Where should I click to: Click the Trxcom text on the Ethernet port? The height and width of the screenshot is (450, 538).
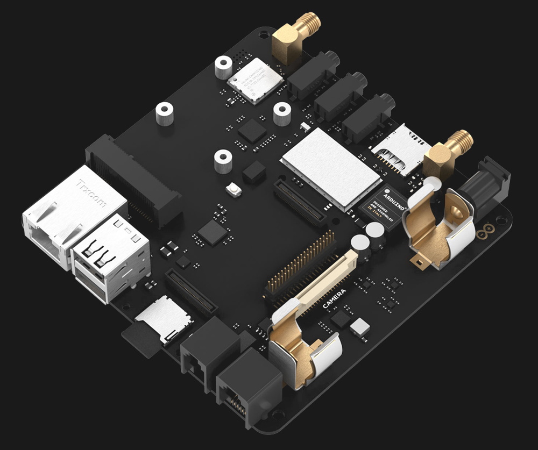(x=92, y=194)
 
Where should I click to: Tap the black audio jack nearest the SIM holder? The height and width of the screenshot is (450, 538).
(x=369, y=118)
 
